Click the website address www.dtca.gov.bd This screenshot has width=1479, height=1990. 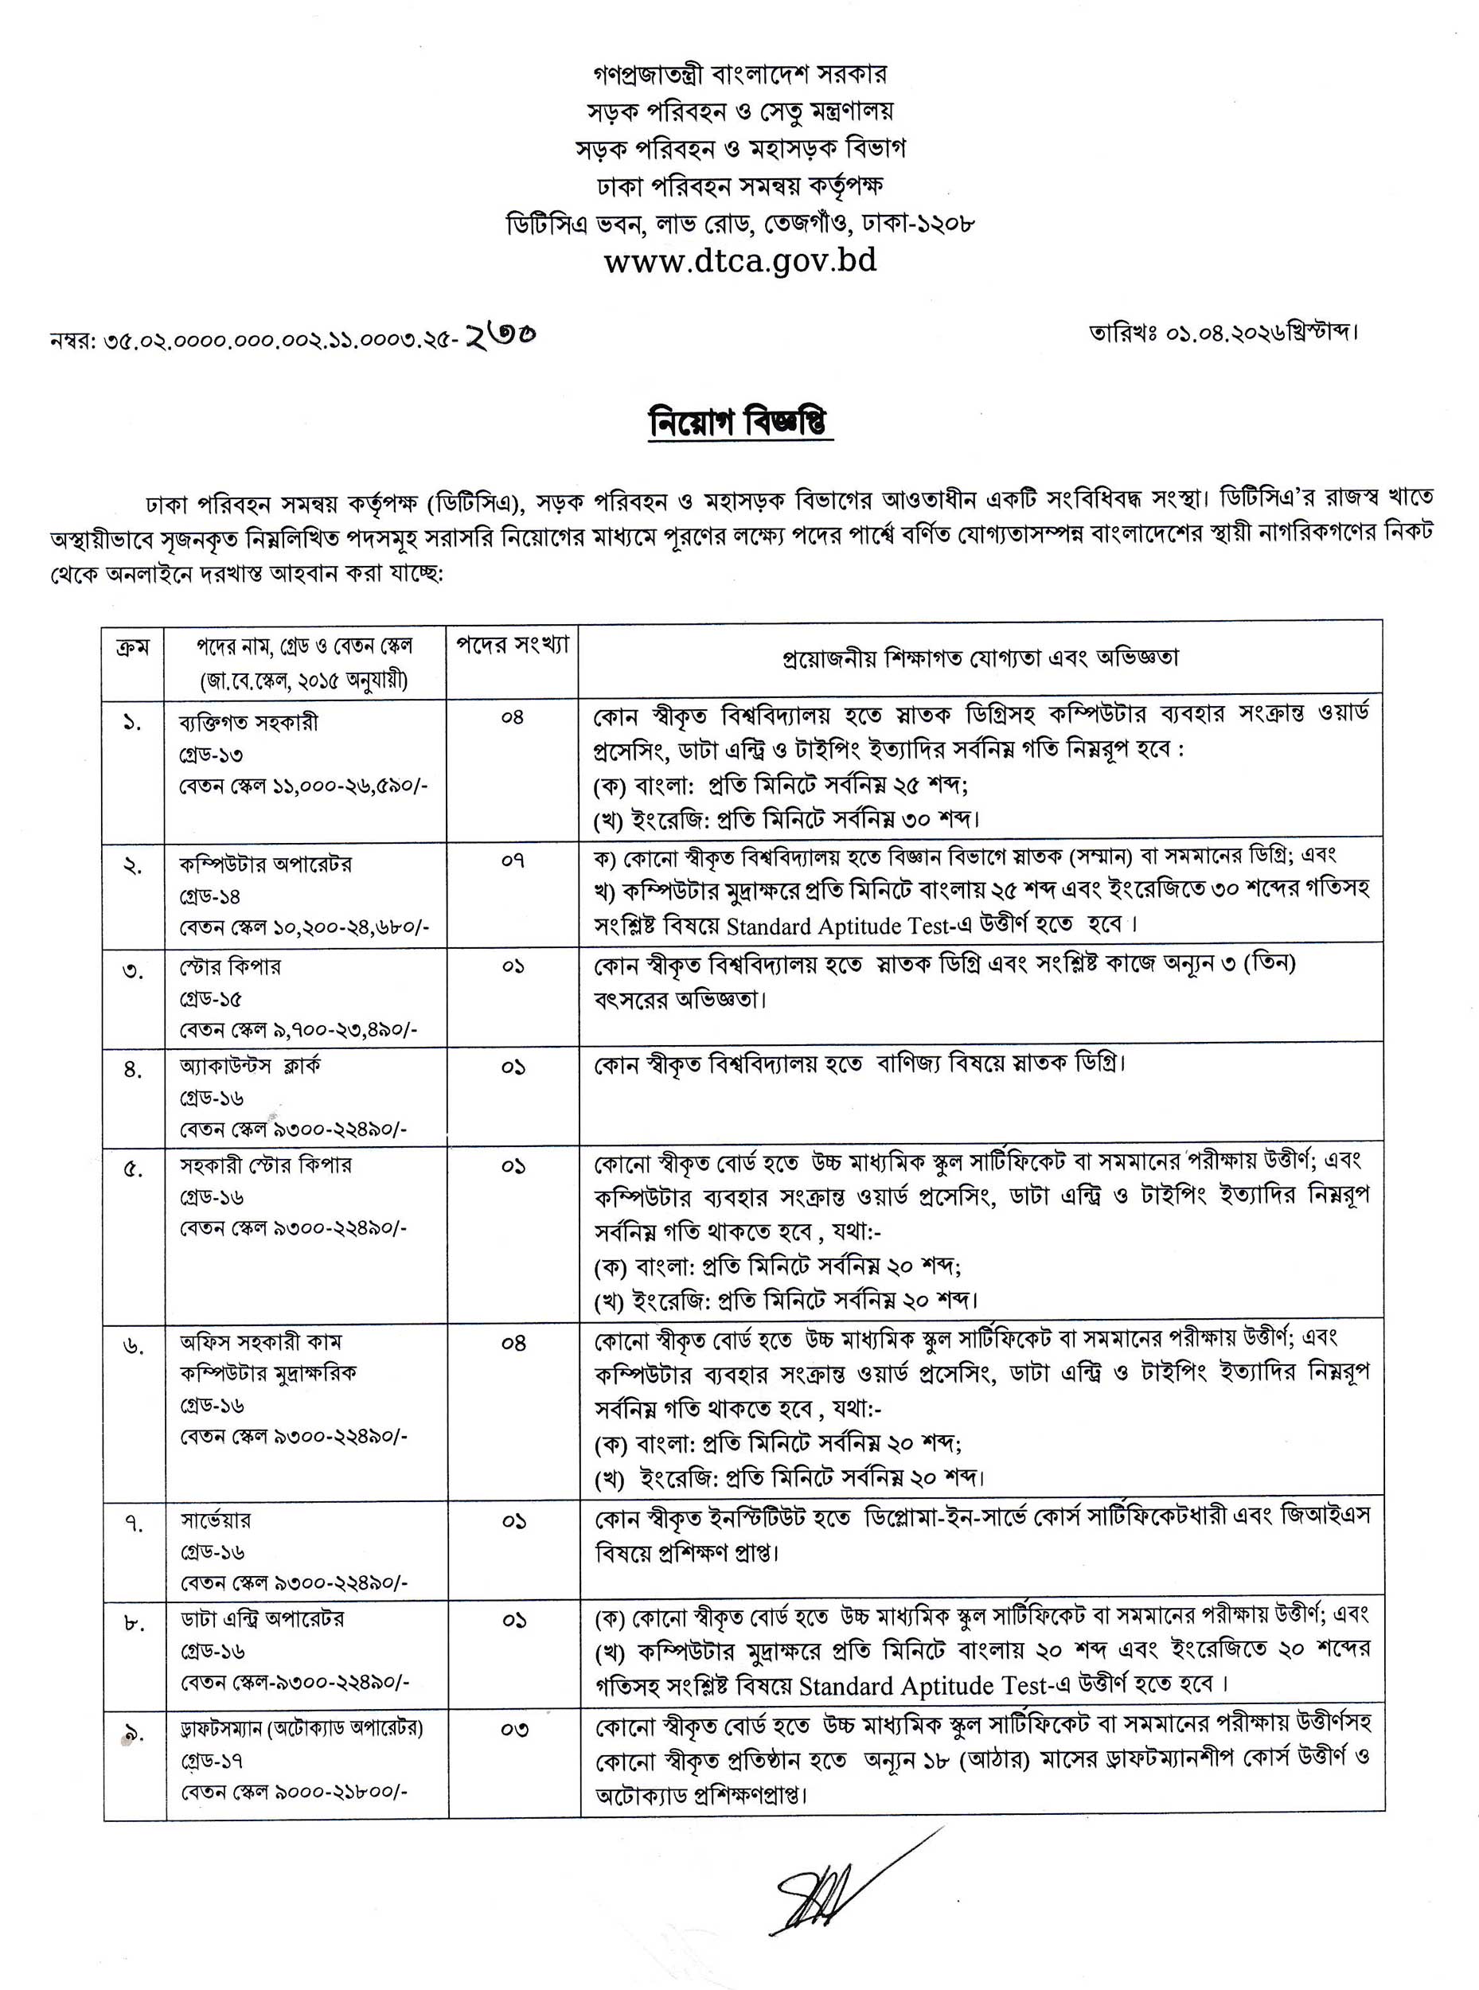[x=739, y=261]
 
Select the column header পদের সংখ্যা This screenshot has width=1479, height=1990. [x=512, y=646]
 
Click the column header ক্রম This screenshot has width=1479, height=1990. [x=132, y=647]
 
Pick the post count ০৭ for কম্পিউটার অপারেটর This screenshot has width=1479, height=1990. [x=512, y=861]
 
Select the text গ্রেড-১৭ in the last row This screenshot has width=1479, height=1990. [x=213, y=1761]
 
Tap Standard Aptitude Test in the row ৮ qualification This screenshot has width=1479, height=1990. [x=921, y=1687]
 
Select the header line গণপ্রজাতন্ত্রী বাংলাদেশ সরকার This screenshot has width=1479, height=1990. [x=739, y=73]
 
